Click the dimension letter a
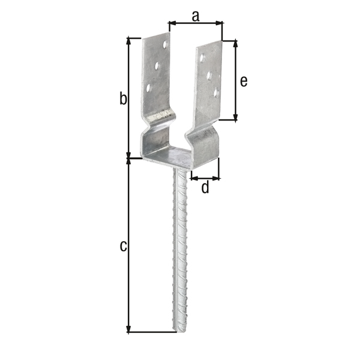pos(196,16)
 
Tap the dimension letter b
pos(122,98)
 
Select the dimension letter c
pos(122,245)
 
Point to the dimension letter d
pos(205,188)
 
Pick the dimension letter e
pos(243,81)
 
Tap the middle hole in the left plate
pos(157,65)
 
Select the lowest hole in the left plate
pos(149,88)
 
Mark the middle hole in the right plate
pos(209,76)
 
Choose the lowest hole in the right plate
pos(217,92)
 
